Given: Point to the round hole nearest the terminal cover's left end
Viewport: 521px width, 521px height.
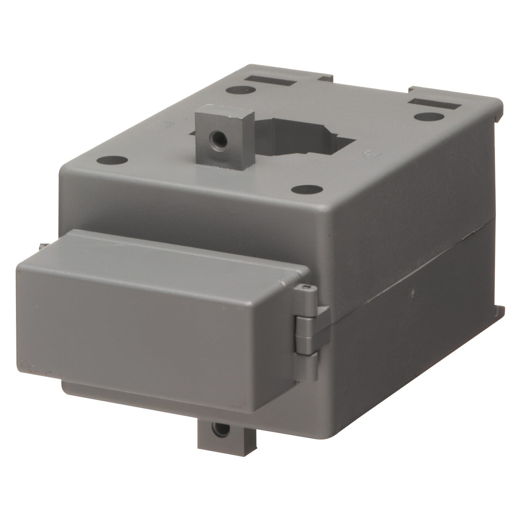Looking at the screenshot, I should coord(112,161).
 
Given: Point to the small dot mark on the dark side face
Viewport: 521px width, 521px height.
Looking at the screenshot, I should coord(413,292).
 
